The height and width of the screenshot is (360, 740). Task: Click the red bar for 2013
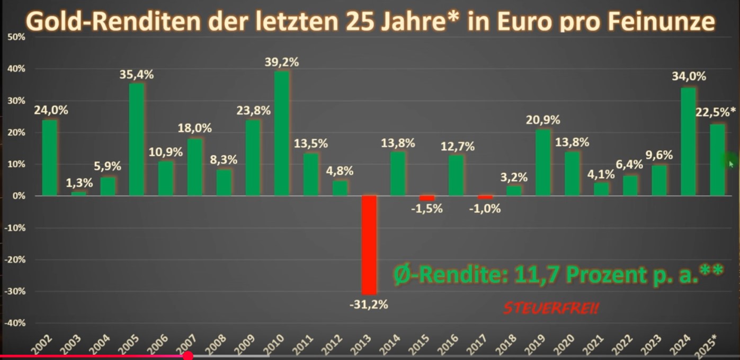369,245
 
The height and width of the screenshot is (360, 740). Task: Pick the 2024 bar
688,142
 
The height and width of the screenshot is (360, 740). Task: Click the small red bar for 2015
427,198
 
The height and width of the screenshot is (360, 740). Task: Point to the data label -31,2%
369,305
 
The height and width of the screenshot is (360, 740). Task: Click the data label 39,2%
282,62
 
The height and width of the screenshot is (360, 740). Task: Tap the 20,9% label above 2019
543,120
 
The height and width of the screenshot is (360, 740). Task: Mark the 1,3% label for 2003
79,183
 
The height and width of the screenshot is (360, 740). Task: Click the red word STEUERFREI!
551,309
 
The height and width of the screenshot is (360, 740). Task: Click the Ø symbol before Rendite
401,275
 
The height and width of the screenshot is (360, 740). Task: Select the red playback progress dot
188,356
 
